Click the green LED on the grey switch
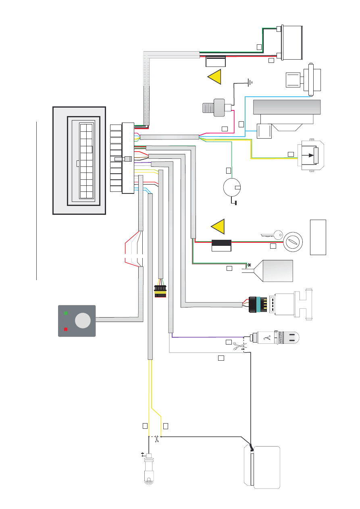(66, 313)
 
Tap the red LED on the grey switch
(66, 329)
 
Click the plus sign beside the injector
(143, 454)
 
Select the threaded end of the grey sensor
(207, 108)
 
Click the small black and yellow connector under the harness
(160, 291)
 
